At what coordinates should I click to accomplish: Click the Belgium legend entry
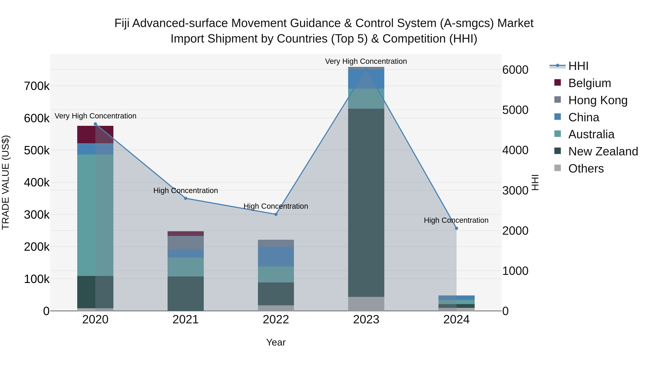pos(589,83)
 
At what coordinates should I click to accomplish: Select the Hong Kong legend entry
pos(597,100)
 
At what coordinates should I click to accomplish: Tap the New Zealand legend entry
pos(603,151)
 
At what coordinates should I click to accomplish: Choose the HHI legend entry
pos(578,66)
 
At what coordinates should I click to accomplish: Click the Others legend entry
pos(586,169)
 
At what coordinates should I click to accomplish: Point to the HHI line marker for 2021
pos(186,198)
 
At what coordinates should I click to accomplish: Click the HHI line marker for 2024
pos(456,228)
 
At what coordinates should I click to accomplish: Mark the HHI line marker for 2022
pos(276,214)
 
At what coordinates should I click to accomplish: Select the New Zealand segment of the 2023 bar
pos(366,203)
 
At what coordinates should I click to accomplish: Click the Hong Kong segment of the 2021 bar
pos(186,243)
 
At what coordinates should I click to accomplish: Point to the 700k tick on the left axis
pos(37,86)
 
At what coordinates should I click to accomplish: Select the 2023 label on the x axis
pos(366,320)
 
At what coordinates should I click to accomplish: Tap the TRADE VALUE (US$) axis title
pos(6,182)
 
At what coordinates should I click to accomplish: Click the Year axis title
pos(276,342)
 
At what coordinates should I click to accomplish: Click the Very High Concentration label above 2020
pos(95,116)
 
